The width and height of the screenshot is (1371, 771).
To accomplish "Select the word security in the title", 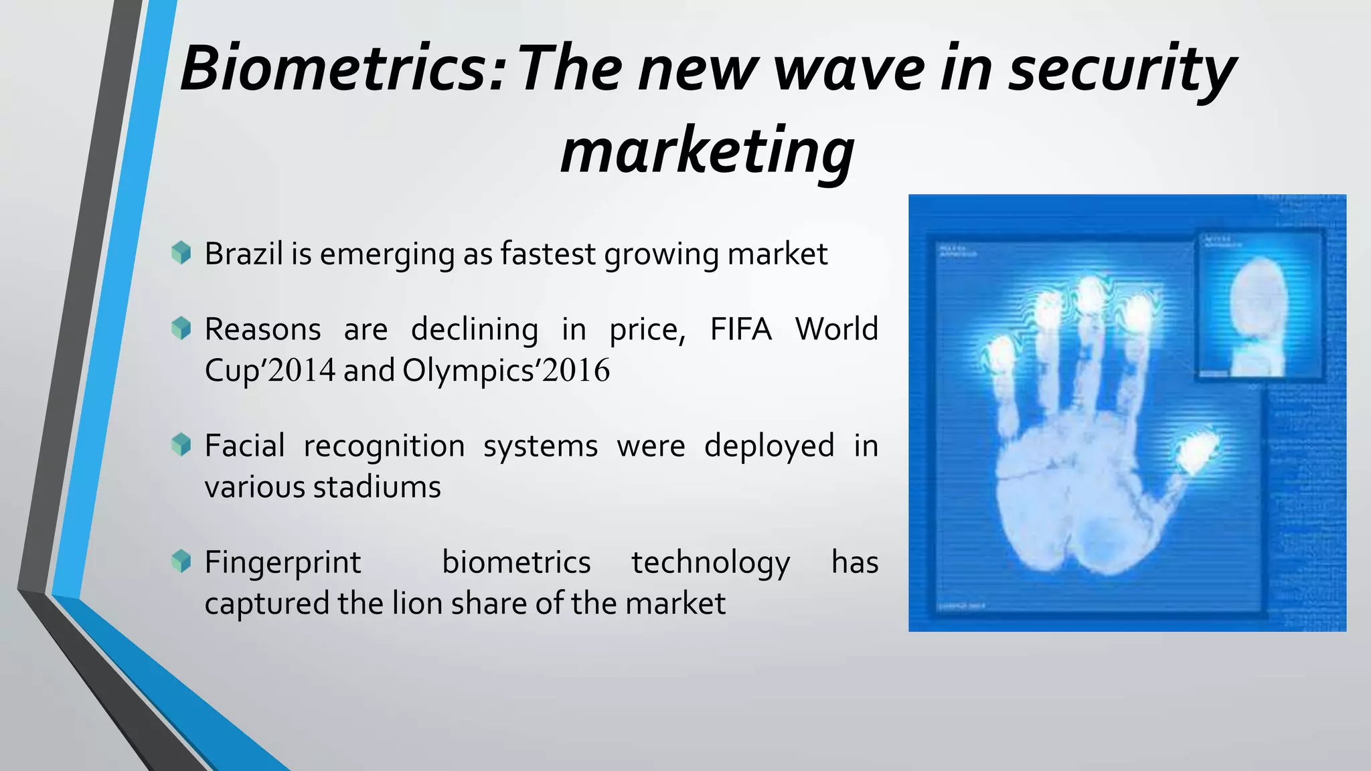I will [x=1121, y=69].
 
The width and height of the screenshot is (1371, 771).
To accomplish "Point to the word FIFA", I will [x=740, y=329].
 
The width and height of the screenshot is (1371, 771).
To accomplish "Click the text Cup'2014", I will [x=269, y=371].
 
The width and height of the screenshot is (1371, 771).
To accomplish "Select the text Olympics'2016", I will [x=506, y=371].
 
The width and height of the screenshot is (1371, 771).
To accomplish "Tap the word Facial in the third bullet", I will [x=244, y=446].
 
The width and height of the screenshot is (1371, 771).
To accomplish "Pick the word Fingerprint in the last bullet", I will [x=283, y=562].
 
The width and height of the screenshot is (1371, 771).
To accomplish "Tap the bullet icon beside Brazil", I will [x=181, y=253].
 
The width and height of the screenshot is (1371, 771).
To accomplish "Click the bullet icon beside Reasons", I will [x=181, y=328].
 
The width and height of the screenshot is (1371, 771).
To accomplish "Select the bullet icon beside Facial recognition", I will [x=181, y=444].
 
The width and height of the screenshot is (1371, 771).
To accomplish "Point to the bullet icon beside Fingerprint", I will [x=181, y=561].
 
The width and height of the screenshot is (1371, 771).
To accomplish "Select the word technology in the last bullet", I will [x=710, y=562].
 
